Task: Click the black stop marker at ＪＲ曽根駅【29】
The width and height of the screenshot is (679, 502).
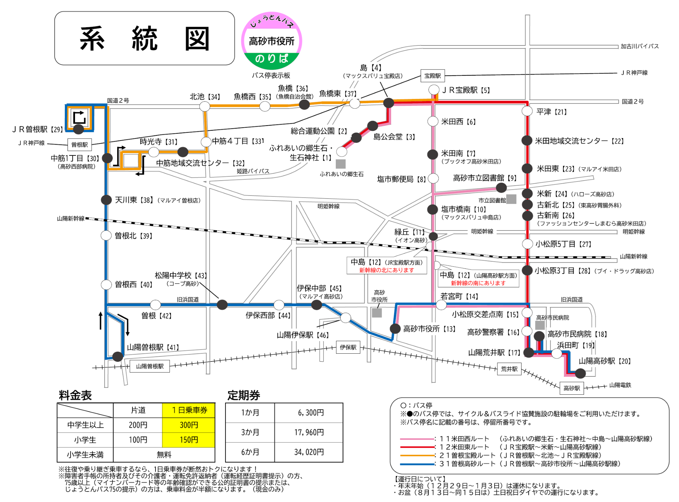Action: click(x=78, y=129)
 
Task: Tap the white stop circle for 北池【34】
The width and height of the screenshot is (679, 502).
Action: click(x=204, y=106)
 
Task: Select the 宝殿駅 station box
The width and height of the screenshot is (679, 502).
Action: click(x=432, y=76)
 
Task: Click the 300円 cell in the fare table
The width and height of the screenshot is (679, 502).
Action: click(x=188, y=425)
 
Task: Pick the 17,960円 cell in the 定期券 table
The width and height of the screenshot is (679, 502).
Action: click(x=309, y=432)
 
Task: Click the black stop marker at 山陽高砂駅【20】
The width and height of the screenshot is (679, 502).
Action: click(x=580, y=373)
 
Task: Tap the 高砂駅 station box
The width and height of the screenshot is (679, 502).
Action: click(x=572, y=388)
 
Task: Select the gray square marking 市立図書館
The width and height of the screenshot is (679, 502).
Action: click(x=511, y=199)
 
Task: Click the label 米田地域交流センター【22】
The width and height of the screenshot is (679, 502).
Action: click(x=579, y=141)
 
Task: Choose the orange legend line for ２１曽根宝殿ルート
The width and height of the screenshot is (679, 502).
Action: click(x=417, y=455)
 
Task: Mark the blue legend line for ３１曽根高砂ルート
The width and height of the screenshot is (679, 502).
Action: click(x=417, y=464)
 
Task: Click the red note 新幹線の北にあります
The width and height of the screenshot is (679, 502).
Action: click(x=387, y=270)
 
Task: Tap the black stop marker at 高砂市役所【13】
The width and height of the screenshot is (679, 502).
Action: click(x=395, y=328)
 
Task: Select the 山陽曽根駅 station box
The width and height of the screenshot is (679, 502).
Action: click(x=150, y=366)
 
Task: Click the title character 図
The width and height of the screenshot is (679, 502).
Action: click(x=197, y=39)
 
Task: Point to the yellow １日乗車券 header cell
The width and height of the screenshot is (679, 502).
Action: click(x=188, y=410)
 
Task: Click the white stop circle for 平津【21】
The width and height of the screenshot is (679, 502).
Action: click(x=527, y=111)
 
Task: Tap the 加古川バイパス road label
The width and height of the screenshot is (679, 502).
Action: click(x=639, y=46)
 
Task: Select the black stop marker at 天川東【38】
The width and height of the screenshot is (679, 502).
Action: click(x=106, y=200)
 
